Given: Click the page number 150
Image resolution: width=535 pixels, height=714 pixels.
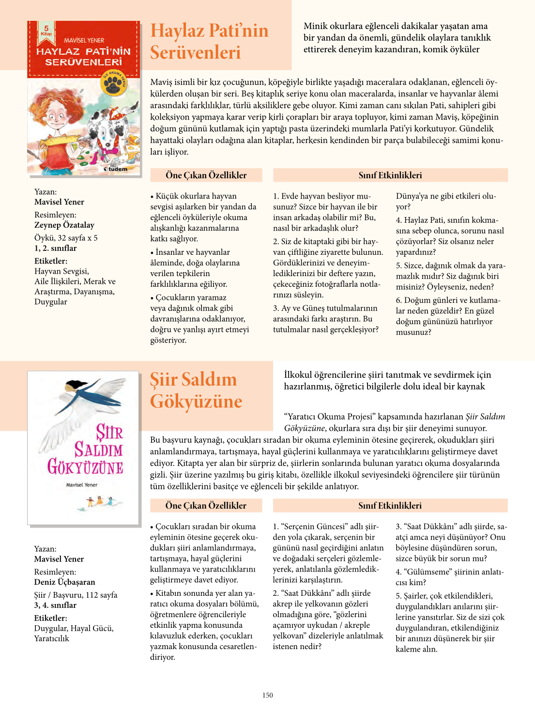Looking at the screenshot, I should click(x=268, y=695).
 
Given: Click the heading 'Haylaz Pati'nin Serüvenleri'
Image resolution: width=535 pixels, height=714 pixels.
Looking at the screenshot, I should click(x=209, y=41).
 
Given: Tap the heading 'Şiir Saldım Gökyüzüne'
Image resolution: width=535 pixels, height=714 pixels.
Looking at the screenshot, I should click(x=196, y=390).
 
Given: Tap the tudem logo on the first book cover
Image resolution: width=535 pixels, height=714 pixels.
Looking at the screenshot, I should click(x=116, y=169).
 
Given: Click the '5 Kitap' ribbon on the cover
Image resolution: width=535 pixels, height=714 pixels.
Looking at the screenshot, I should click(x=46, y=30).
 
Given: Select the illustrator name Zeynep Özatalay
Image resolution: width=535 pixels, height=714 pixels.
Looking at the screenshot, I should click(x=64, y=225).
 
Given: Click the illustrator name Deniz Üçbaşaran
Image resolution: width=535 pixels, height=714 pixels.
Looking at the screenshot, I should click(x=64, y=582).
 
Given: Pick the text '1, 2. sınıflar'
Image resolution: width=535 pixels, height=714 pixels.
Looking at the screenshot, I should click(x=55, y=248).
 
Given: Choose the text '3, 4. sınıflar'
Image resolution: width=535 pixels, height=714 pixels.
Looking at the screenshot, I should click(x=55, y=605).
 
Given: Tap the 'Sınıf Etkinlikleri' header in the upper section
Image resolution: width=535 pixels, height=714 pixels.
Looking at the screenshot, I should click(x=390, y=175).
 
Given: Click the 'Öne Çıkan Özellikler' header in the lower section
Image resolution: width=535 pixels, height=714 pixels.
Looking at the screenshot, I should click(x=206, y=506).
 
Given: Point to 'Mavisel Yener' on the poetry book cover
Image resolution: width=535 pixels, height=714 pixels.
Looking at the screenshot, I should click(x=82, y=484).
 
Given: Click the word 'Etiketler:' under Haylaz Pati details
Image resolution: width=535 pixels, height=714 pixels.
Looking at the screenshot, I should click(x=51, y=261).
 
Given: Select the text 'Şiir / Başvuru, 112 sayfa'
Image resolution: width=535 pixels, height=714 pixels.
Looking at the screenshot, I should click(x=76, y=595).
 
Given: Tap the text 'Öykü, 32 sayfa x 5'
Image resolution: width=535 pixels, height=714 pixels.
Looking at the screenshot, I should click(x=66, y=238).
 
